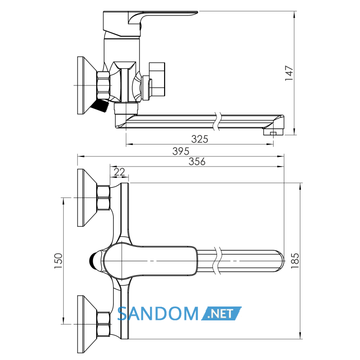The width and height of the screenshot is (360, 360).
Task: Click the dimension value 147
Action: [289, 73]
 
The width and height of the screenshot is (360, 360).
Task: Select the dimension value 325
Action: [200, 139]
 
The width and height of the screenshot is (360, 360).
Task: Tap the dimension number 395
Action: [181, 151]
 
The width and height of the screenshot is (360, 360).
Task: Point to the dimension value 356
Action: [197, 161]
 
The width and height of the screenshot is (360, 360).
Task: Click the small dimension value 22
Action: [119, 172]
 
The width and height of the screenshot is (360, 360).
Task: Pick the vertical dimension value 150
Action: [58, 261]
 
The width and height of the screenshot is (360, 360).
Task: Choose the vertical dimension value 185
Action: [295, 261]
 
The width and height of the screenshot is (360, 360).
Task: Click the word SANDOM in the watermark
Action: [158, 314]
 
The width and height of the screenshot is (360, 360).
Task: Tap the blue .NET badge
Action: [221, 313]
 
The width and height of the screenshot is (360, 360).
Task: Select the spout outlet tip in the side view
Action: [273, 132]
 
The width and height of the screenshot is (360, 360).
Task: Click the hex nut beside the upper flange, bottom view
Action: [103, 198]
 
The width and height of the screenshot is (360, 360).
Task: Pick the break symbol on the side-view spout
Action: [217, 121]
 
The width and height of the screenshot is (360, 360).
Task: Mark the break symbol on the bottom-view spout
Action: [217, 261]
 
